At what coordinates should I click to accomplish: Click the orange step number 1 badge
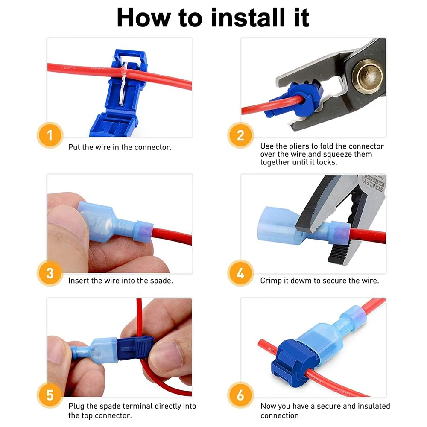50,135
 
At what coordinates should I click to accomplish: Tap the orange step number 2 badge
240,135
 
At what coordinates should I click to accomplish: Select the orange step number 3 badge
50,273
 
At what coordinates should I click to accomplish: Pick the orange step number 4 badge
240,273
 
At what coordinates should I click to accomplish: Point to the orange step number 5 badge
50,395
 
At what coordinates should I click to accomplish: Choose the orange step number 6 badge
240,395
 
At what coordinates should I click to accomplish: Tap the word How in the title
143,18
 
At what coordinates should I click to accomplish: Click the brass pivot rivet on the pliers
368,76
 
